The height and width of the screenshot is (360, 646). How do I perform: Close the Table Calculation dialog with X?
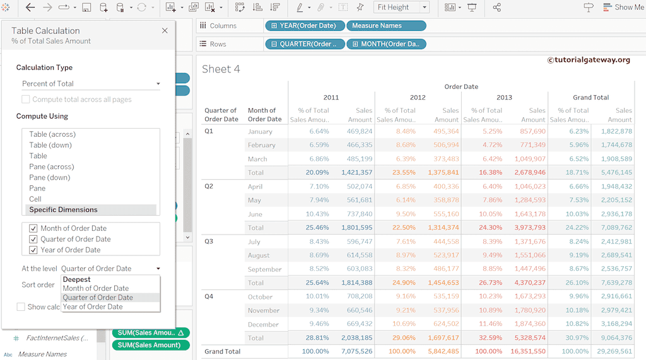[165, 30]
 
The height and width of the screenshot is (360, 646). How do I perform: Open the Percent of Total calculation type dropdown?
[91, 83]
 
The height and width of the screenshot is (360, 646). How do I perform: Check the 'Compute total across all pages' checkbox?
[26, 100]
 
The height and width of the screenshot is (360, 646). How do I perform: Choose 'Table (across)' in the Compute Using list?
[52, 134]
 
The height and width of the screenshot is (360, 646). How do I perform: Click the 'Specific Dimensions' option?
[63, 209]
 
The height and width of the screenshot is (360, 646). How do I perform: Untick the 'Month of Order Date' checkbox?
[33, 228]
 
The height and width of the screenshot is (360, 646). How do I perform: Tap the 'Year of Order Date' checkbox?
[33, 250]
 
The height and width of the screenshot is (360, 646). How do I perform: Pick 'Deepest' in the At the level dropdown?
[77, 279]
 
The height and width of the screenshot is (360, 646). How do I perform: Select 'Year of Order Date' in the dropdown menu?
[93, 306]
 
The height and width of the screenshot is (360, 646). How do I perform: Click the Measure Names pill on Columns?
[386, 26]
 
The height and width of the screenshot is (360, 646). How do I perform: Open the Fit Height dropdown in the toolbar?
[401, 8]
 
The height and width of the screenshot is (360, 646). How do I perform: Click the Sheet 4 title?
[221, 69]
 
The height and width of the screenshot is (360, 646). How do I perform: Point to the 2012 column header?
[418, 97]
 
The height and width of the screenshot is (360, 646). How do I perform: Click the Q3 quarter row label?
[209, 241]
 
